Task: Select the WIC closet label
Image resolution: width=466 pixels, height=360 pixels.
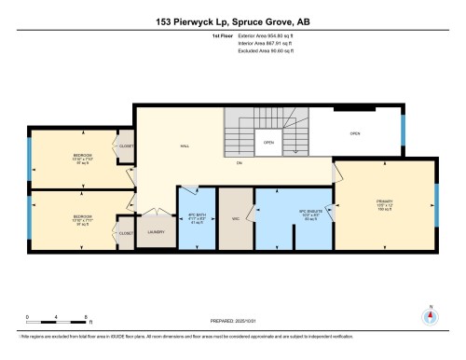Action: (237, 221)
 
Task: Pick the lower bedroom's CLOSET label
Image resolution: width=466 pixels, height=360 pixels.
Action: (126, 232)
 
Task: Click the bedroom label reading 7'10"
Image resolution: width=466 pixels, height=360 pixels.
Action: (82, 158)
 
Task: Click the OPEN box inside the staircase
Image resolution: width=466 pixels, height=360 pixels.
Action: (267, 143)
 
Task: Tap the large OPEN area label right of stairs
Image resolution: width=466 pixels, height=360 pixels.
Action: (355, 133)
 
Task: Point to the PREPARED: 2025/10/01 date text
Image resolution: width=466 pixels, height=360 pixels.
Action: (232, 322)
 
